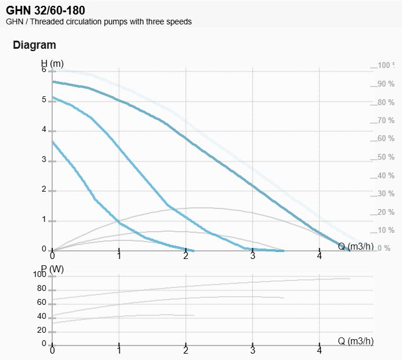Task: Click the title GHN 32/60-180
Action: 45,10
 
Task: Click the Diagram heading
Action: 34,45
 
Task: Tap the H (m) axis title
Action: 52,63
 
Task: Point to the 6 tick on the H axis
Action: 44,69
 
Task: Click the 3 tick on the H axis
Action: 44,160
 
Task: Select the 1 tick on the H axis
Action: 44,220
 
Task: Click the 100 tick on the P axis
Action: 39,275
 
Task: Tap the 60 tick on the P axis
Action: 42,303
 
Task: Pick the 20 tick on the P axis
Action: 42,330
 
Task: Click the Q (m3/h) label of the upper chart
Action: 356,246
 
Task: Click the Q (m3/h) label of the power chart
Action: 356,341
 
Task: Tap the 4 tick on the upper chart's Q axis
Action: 320,255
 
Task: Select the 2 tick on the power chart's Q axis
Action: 186,351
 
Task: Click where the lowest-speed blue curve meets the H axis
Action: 53,141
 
